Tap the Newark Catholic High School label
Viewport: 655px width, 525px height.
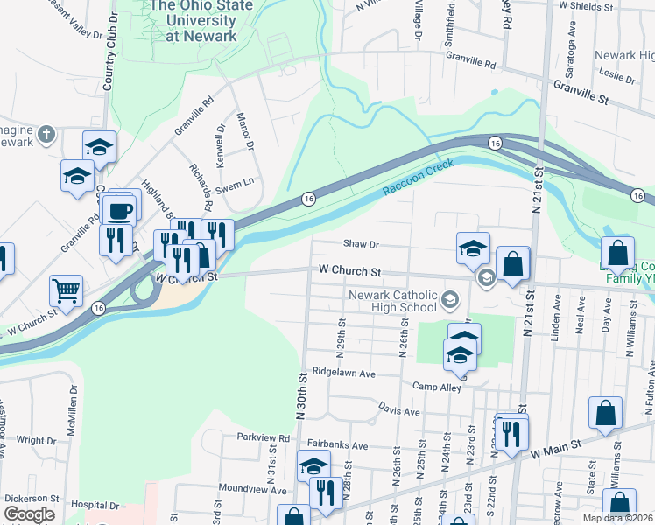392,301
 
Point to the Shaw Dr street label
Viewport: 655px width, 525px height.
360,245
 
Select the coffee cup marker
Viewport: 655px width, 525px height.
118,210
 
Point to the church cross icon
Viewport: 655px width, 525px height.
47,135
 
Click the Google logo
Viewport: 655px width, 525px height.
29,514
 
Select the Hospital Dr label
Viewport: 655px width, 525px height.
95,506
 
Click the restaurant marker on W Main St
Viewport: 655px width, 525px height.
511,430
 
